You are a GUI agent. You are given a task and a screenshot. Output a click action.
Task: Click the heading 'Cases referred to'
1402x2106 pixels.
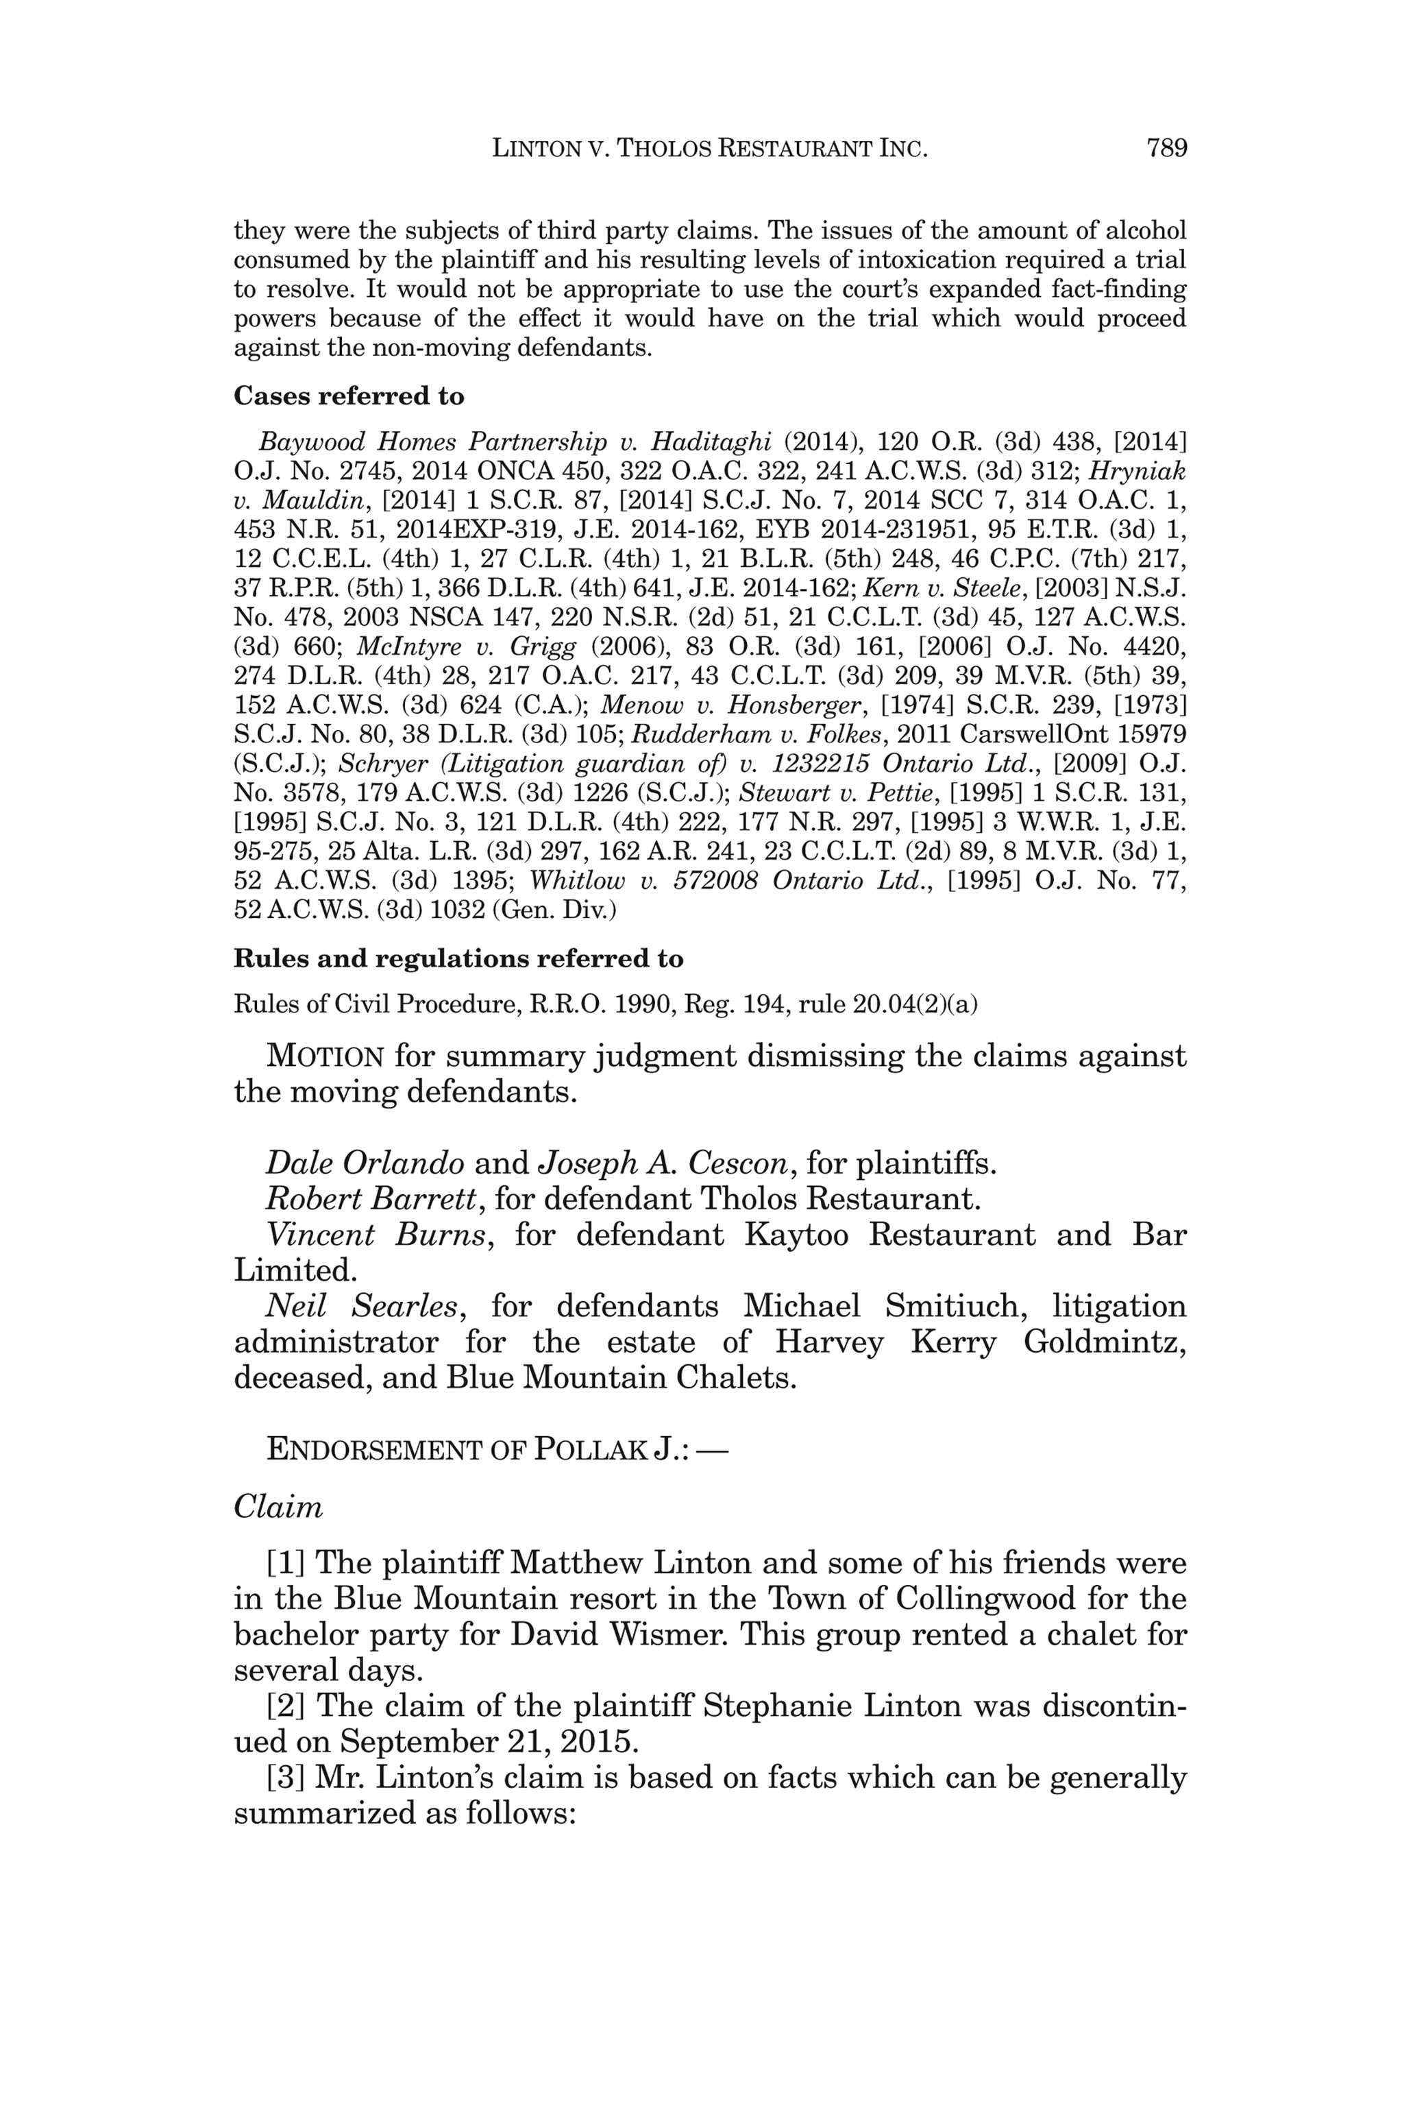tap(349, 396)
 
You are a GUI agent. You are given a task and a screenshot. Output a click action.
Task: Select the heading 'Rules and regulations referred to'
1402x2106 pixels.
tap(458, 958)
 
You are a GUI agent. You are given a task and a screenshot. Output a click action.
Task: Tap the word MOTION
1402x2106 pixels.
tap(325, 1056)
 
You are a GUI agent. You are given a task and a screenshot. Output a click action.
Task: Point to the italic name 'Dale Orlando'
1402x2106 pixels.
tap(365, 1163)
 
